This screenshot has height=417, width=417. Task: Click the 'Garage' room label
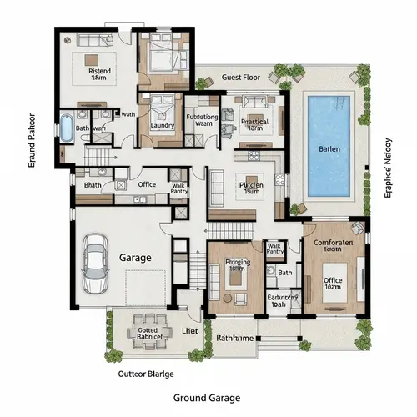tap(136, 259)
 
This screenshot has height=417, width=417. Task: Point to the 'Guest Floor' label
tap(242, 77)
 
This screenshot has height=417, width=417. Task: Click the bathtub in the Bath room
tap(66, 130)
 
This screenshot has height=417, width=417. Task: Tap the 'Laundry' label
tap(163, 127)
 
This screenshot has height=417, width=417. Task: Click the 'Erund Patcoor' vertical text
tap(32, 139)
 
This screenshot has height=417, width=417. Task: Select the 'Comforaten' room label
tap(334, 244)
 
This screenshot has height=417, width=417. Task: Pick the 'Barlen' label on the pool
tap(329, 148)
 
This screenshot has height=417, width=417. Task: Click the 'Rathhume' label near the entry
tap(236, 338)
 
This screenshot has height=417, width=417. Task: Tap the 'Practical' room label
tap(254, 122)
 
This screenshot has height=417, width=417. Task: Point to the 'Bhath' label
tap(93, 184)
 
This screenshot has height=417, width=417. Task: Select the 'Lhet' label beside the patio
tap(190, 331)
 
